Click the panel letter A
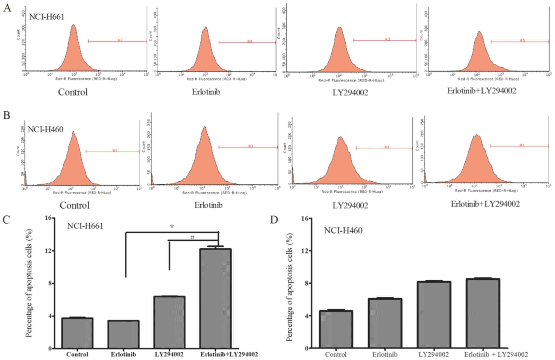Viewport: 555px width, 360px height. [7, 8]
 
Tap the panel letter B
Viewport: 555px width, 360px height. [7, 115]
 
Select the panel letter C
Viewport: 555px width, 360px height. [6, 220]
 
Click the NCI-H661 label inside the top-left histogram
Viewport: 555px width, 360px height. [46, 17]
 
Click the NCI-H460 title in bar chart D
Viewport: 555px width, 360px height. [343, 231]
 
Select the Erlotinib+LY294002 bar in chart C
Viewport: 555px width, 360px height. [215, 298]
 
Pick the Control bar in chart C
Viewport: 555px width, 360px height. [77, 333]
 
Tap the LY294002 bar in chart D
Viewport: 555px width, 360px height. [434, 315]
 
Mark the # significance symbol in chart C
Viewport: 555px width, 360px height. [192, 237]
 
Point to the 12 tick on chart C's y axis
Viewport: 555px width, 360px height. [49, 251]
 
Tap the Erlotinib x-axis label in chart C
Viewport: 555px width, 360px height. [123, 355]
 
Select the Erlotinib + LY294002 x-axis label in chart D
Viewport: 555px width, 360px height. [496, 355]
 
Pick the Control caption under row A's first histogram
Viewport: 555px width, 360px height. [73, 92]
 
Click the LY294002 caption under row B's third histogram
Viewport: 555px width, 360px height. [350, 205]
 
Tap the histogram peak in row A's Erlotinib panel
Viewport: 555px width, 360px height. [206, 27]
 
